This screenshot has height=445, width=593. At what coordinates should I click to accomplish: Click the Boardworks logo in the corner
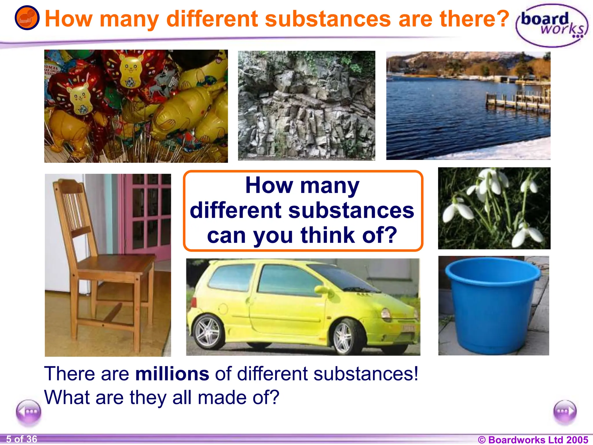click(552, 25)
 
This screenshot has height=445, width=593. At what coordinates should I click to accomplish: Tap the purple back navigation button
click(28, 412)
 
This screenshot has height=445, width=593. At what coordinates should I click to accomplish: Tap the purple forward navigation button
click(565, 412)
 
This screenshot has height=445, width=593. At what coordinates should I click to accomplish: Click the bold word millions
click(172, 374)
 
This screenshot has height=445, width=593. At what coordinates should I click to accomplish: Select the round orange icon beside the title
click(27, 18)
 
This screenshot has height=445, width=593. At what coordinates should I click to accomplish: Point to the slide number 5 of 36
click(22, 439)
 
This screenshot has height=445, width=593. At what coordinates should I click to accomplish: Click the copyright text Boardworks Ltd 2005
click(533, 440)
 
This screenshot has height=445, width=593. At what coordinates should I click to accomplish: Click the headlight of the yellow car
click(386, 313)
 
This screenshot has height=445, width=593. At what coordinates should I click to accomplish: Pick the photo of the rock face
click(306, 105)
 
